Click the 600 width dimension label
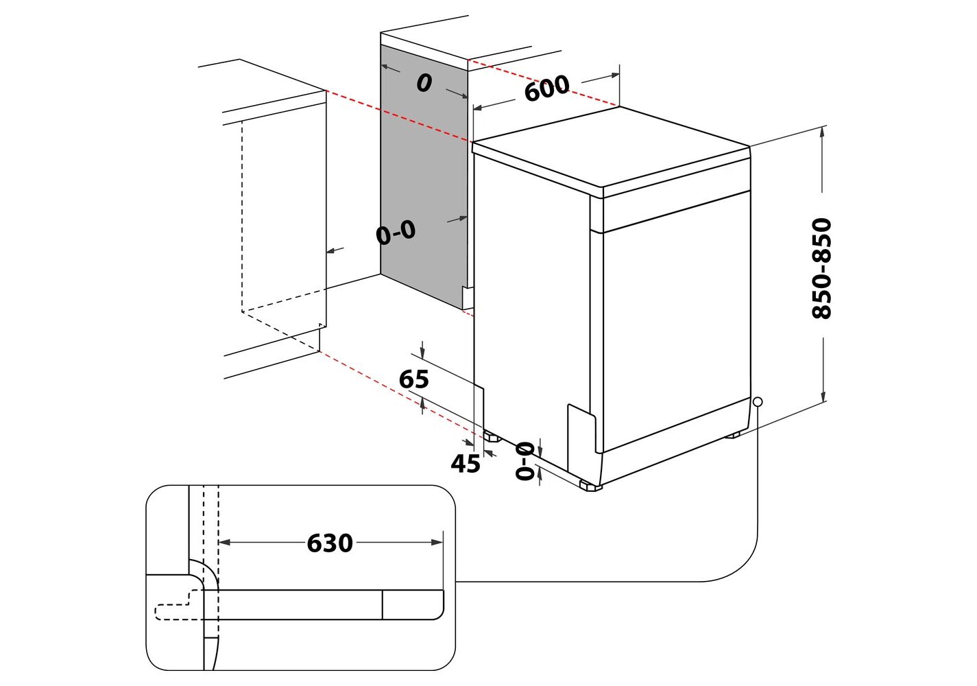click(546, 88)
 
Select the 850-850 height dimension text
click(821, 268)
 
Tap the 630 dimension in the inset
click(330, 543)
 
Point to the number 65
click(413, 379)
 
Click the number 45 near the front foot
click(465, 464)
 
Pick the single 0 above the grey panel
click(424, 83)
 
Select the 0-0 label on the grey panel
click(396, 233)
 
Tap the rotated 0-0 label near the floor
click(524, 460)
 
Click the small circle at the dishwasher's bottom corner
click(757, 402)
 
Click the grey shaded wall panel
click(422, 178)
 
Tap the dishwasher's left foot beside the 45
click(492, 436)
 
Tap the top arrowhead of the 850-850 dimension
click(823, 131)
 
